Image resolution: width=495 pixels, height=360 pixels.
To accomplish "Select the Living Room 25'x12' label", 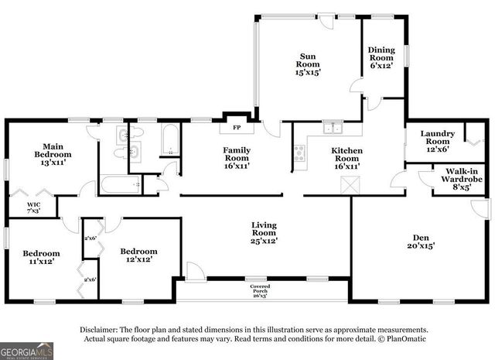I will point(264,233).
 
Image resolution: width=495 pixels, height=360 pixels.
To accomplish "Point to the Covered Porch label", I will point(260,290).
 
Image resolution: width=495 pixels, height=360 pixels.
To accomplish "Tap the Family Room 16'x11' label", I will point(237,158).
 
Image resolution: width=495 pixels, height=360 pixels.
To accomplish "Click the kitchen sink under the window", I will point(333,129).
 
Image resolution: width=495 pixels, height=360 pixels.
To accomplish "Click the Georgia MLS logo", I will point(26,349).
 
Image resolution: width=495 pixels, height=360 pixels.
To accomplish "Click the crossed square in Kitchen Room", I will point(349,185).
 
